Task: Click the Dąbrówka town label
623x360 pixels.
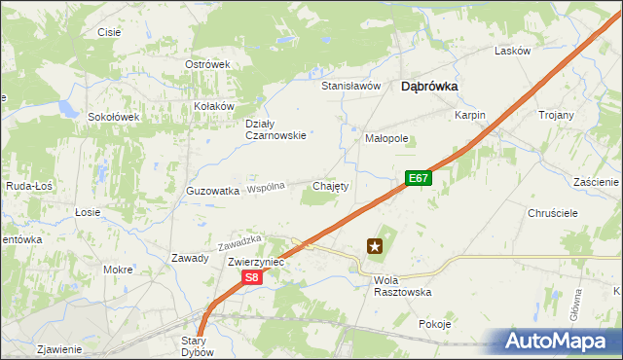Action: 429,86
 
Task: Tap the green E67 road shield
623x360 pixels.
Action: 419,178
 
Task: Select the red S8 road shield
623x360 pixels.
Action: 251,278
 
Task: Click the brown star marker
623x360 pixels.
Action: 374,247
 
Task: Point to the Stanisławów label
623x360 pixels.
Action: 350,86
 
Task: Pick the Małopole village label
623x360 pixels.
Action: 386,138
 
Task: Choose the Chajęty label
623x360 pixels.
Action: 330,185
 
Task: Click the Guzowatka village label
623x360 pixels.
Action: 212,191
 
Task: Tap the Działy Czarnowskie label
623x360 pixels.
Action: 275,129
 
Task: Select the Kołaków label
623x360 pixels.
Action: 215,106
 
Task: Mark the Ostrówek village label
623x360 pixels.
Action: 206,64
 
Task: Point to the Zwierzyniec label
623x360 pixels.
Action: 255,262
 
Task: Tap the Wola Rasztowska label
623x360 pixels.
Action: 402,285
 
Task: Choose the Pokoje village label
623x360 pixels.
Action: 435,324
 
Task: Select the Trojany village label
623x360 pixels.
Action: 556,115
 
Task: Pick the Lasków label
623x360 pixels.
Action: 512,51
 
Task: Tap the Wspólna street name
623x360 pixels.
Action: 266,187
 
